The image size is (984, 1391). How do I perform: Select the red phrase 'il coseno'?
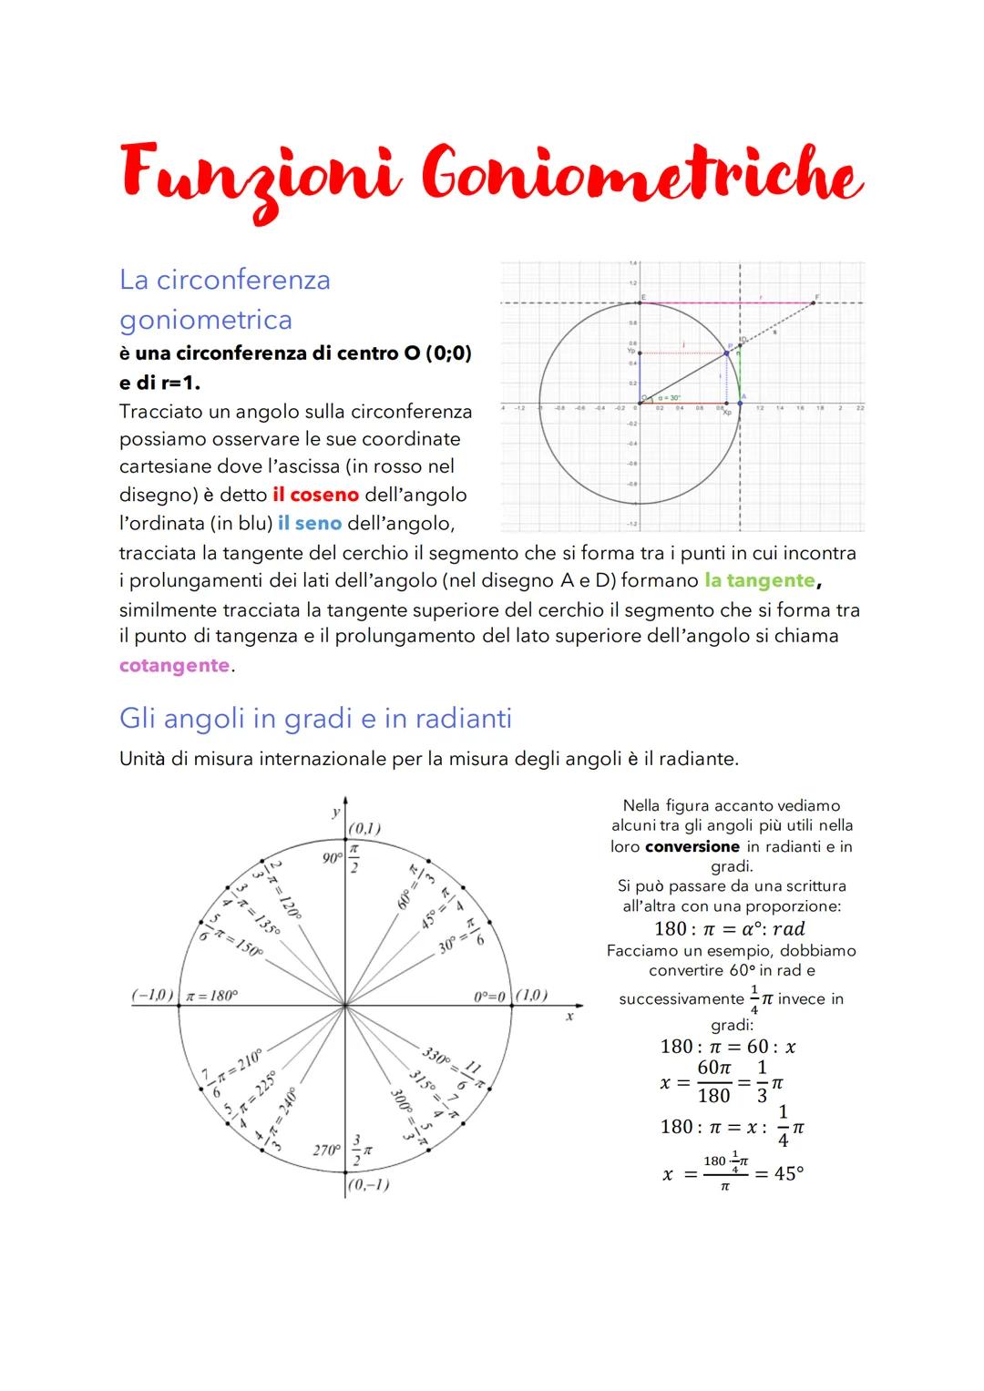click(315, 495)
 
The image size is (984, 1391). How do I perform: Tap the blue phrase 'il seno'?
click(310, 524)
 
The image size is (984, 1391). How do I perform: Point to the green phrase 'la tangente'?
click(761, 580)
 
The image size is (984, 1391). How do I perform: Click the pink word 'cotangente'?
click(174, 665)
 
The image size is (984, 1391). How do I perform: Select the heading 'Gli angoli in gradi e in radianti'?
click(315, 719)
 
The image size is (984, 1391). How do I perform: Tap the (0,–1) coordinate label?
click(368, 1184)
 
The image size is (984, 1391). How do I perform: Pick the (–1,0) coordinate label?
click(152, 995)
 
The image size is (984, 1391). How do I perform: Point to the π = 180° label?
click(210, 996)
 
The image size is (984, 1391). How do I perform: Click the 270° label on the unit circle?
click(326, 1150)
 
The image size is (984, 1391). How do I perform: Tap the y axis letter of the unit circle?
click(335, 811)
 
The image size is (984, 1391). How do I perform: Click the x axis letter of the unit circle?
click(569, 1016)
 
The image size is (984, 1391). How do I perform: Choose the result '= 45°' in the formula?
click(779, 1174)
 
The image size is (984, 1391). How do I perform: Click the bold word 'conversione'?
click(692, 846)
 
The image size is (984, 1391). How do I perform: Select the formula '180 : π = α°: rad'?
click(730, 928)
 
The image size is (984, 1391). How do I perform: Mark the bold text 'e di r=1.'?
click(159, 383)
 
